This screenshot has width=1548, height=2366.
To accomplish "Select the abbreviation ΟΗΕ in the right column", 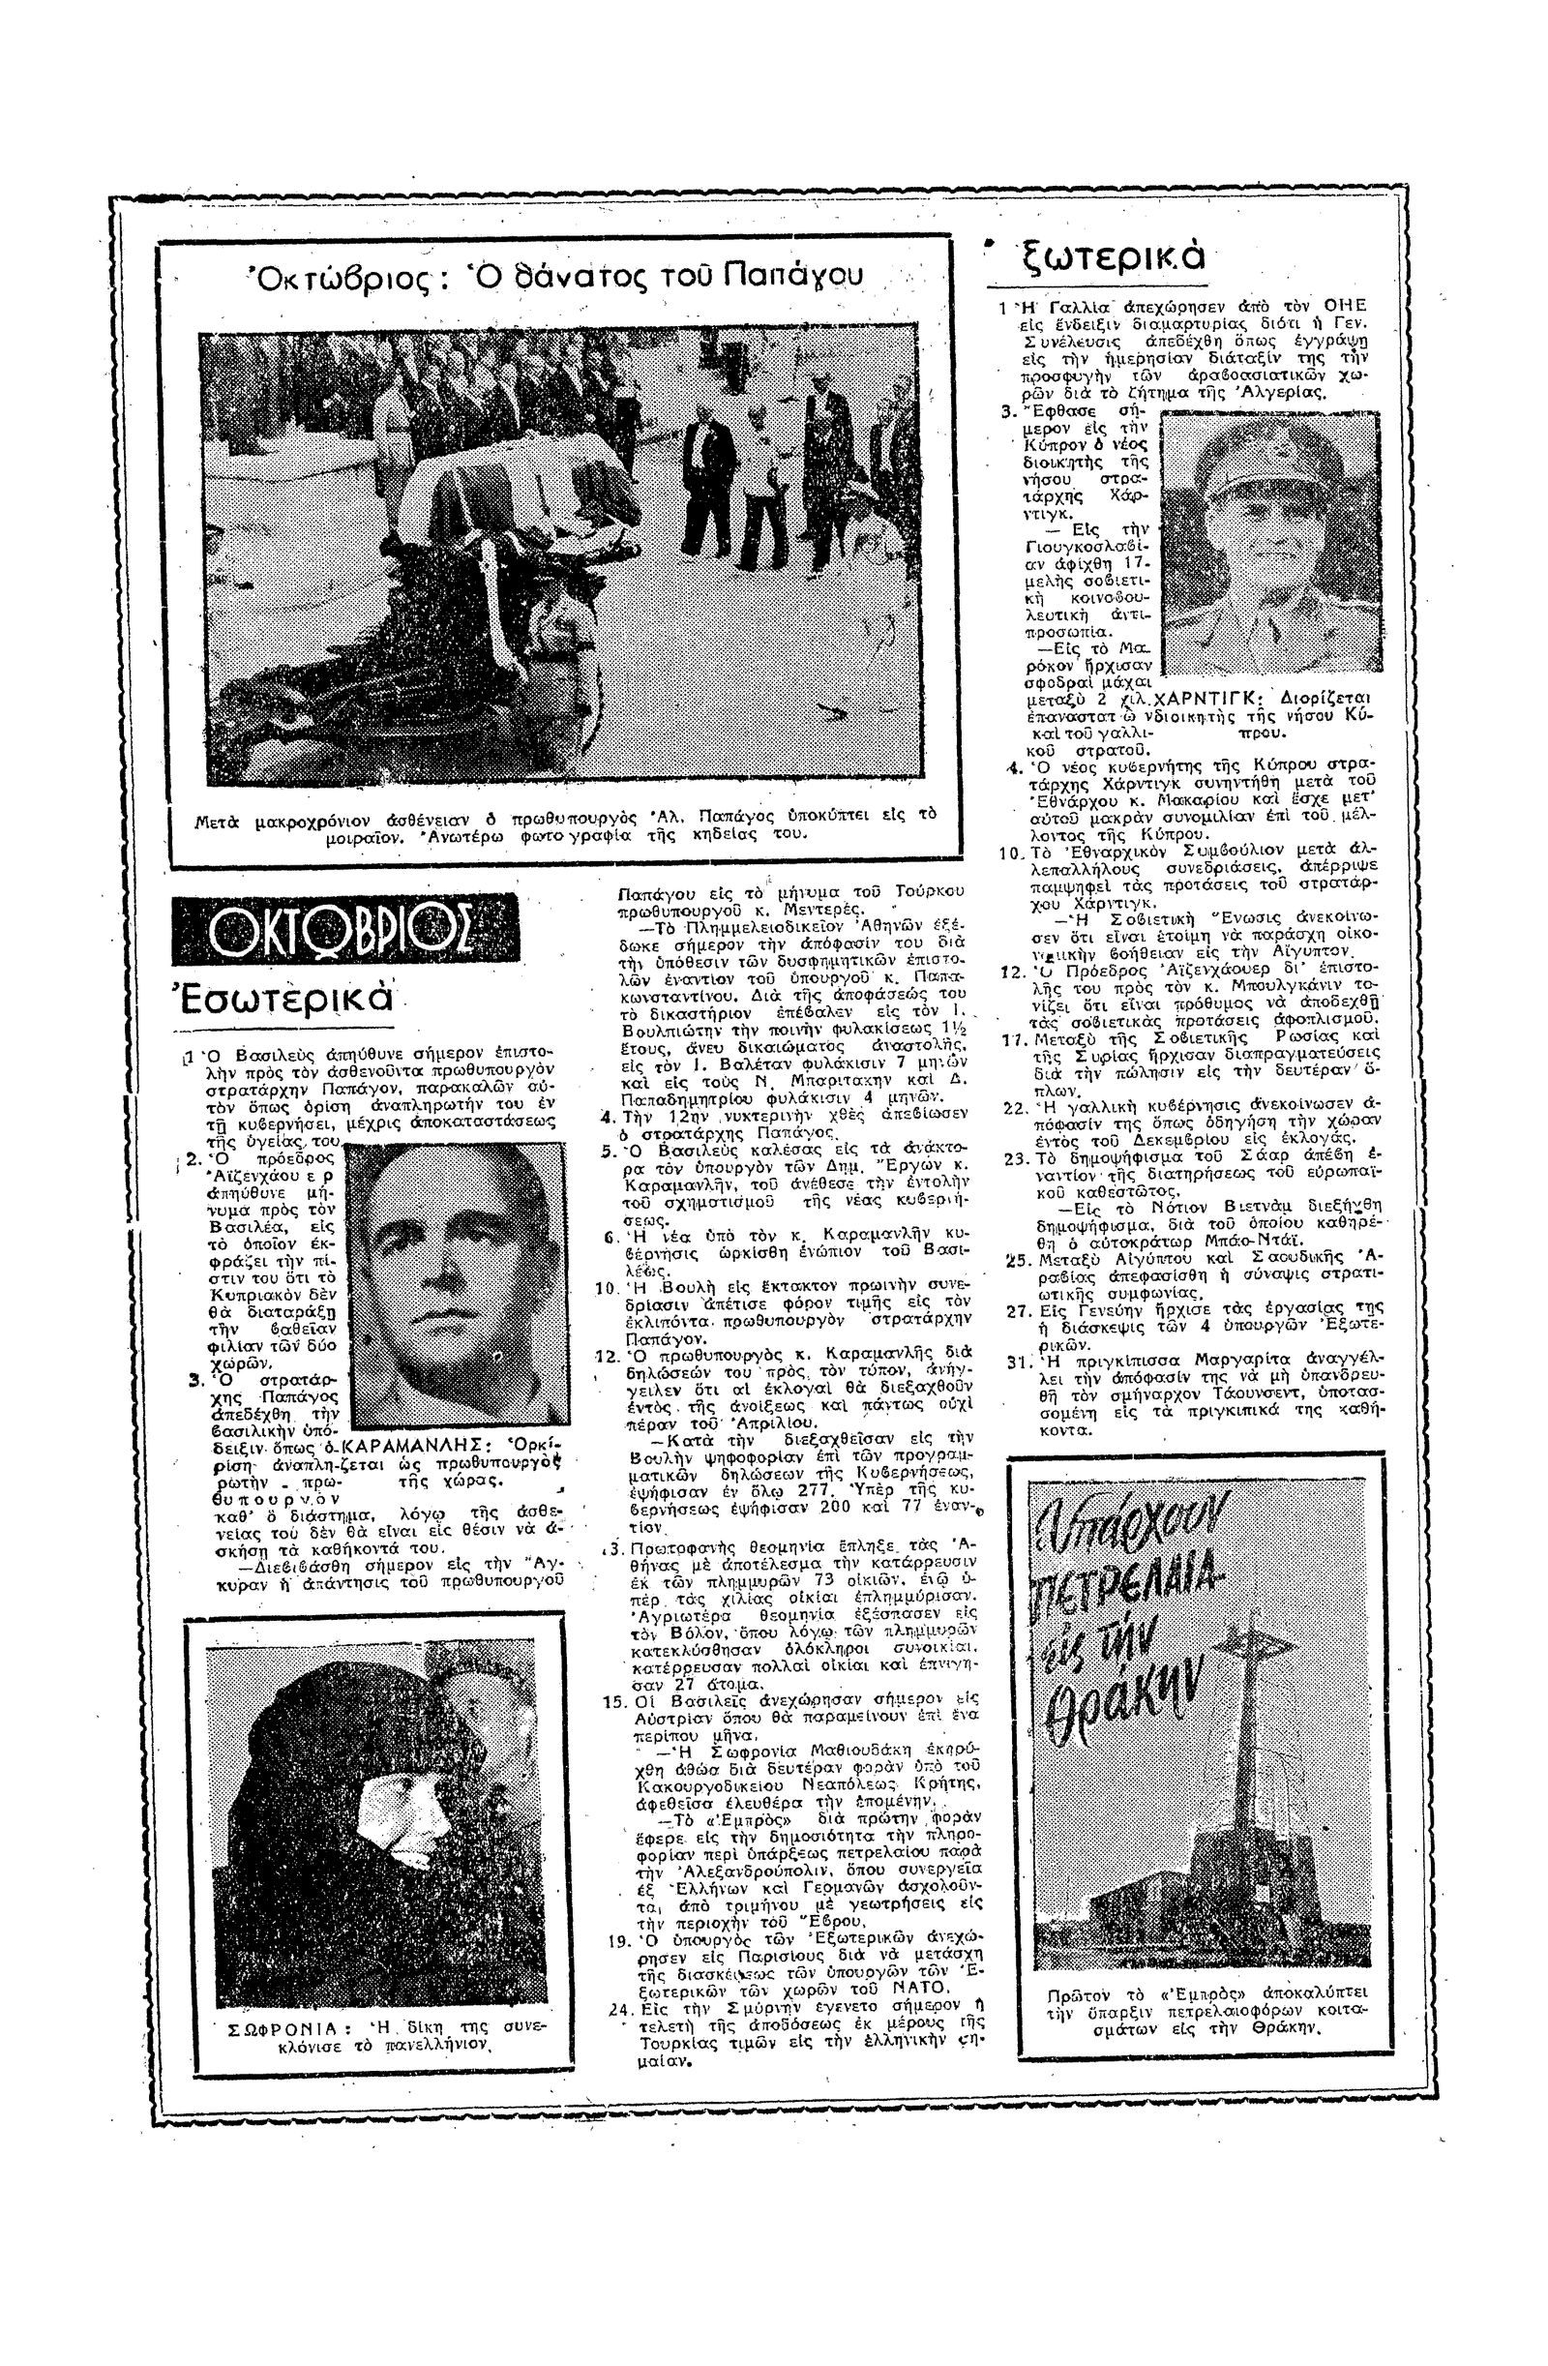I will (1345, 306).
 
